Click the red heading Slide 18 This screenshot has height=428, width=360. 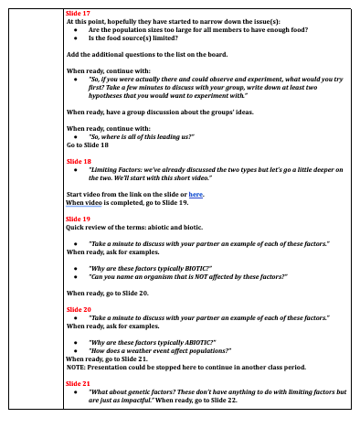[x=79, y=160]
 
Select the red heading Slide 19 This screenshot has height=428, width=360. [x=79, y=219]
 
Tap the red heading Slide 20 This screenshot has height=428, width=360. [x=79, y=309]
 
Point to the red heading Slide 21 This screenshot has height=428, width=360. [x=79, y=383]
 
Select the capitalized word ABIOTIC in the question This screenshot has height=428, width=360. [x=196, y=340]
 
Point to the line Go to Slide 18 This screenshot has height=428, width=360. [x=90, y=144]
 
